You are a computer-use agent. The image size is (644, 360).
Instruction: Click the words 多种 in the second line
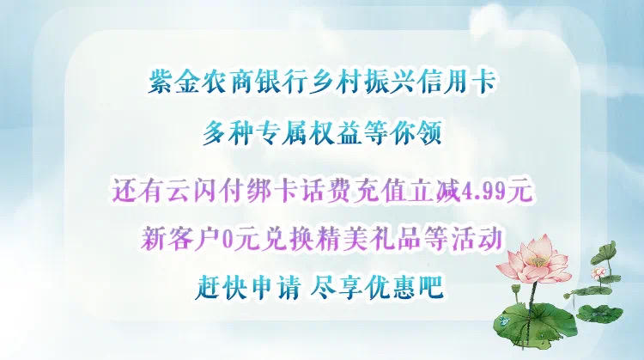point(228,133)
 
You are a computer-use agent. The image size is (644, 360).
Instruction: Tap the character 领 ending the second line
point(428,133)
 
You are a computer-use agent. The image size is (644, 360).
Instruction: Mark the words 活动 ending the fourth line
point(477,238)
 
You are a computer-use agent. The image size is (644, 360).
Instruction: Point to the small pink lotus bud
point(598,272)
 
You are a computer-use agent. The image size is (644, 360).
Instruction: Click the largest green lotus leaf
point(536,321)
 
